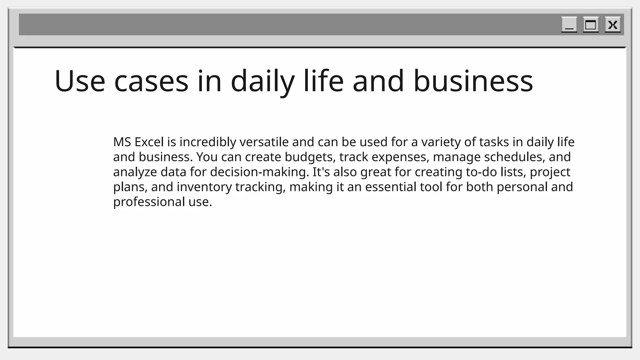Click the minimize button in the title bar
coord(569,25)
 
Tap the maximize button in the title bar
coord(591,25)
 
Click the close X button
coord(612,25)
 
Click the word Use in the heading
coord(80,81)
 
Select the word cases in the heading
coord(151,81)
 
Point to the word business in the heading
coord(473,81)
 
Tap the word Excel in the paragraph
coord(149,142)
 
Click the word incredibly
coord(208,142)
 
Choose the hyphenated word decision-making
coord(259,172)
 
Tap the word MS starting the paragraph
coord(122,142)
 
